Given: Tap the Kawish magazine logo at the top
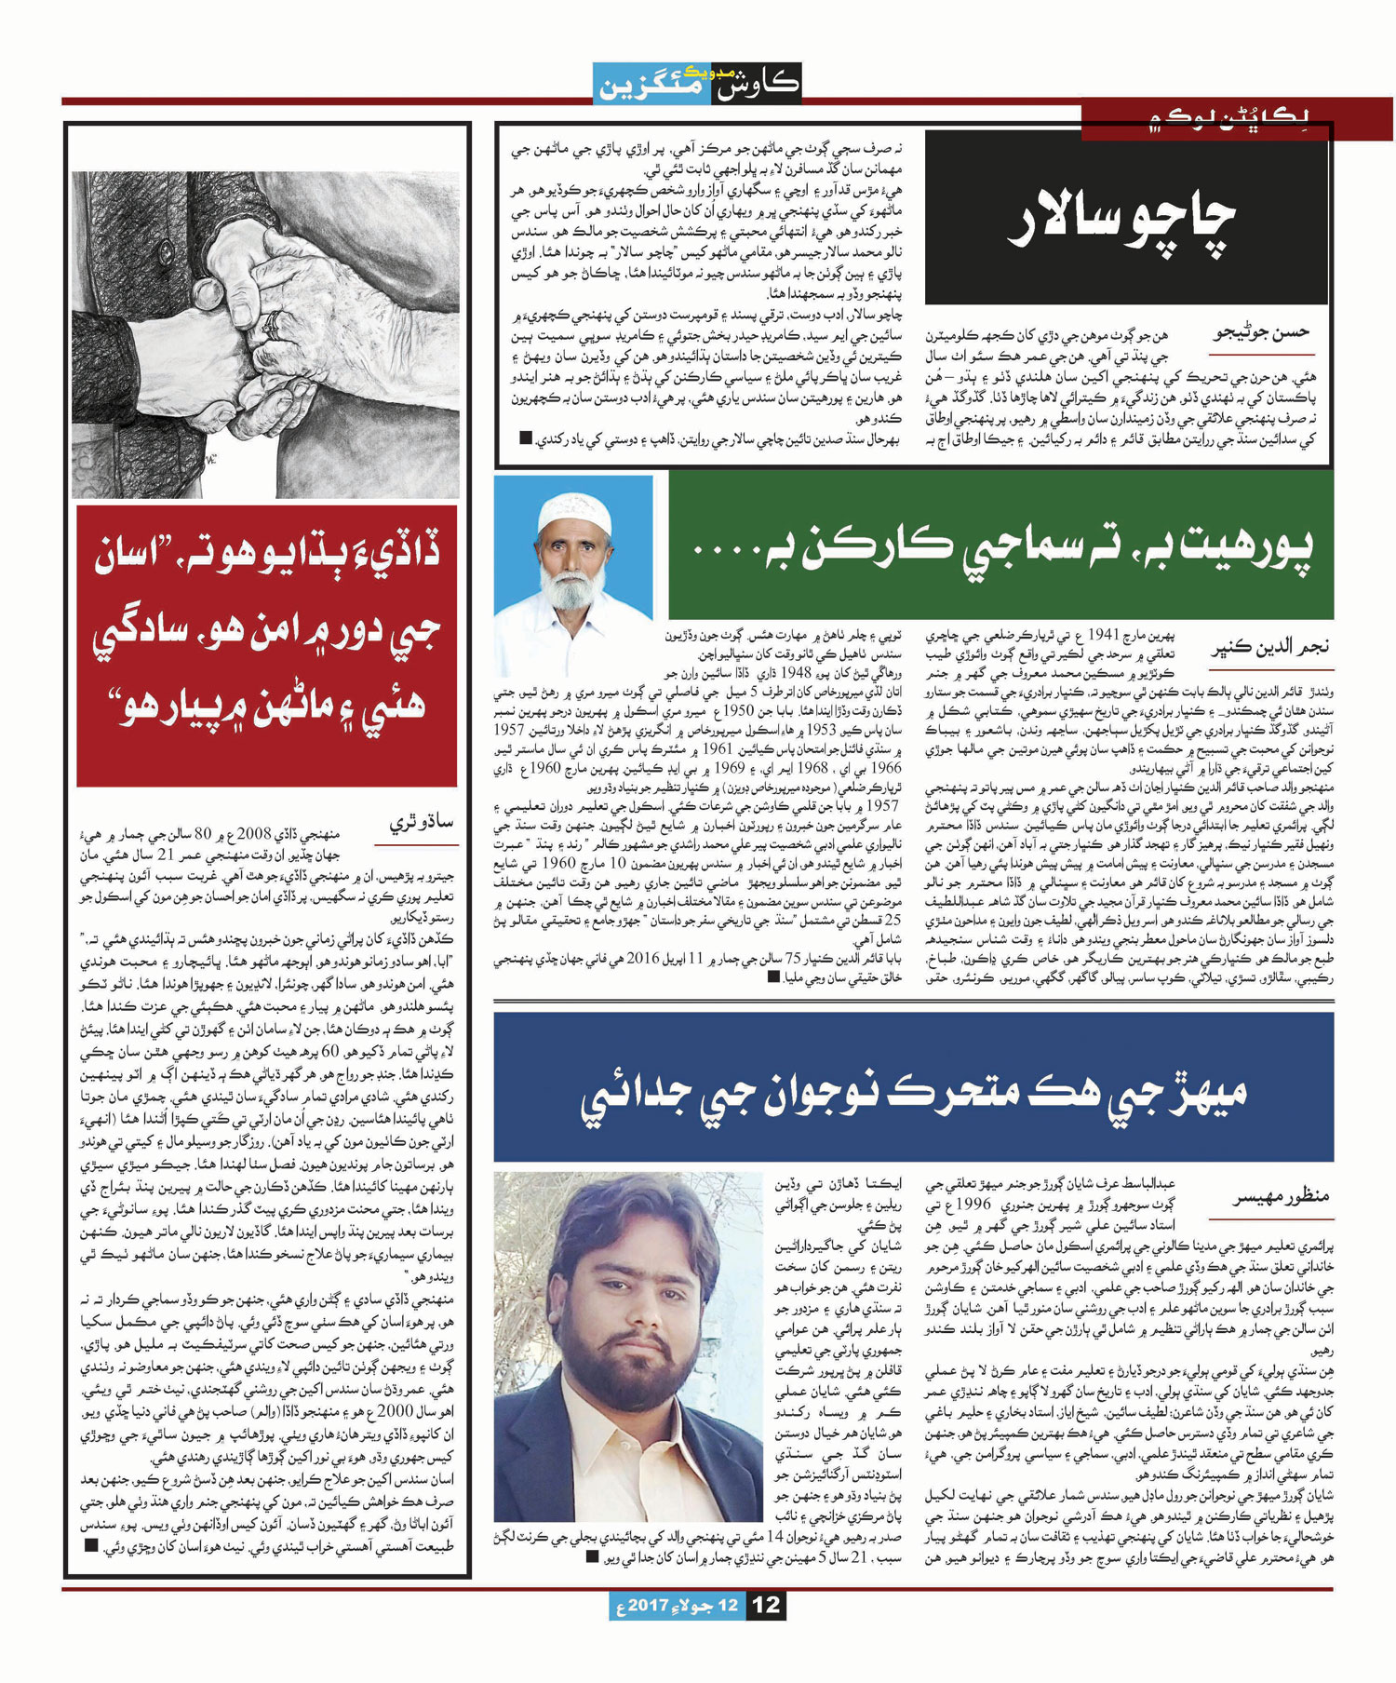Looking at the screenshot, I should (697, 83).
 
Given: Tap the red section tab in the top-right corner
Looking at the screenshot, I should (1238, 118).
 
